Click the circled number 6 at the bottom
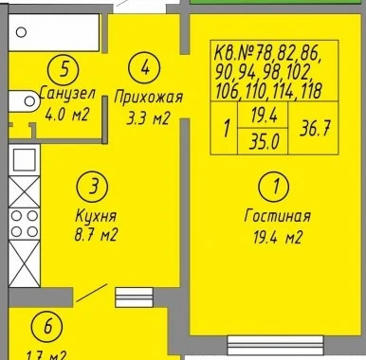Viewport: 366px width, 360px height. (x=44, y=328)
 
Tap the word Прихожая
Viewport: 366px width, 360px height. (x=147, y=97)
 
